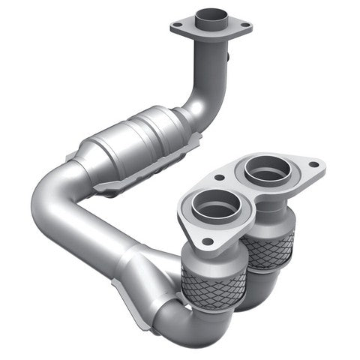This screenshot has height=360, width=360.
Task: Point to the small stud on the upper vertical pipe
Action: [228, 54]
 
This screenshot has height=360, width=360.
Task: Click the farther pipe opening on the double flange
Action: [266, 170]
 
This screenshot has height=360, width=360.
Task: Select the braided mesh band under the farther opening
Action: [268, 247]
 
